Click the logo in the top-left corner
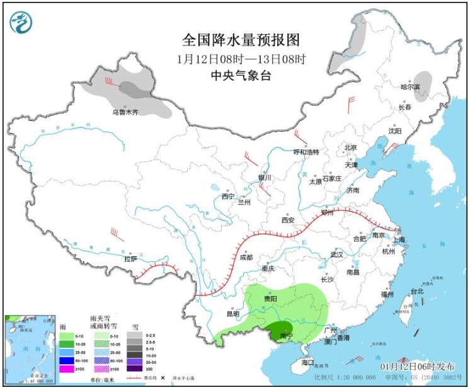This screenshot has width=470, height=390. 21,23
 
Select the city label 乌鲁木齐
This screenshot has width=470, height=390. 125,112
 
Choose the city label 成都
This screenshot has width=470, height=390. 246,257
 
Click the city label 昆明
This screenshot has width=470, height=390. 232,314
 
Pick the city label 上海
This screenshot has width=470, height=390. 398,239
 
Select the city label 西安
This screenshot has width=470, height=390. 288,220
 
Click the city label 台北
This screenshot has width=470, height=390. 417,291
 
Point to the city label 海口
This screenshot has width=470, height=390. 307,363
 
